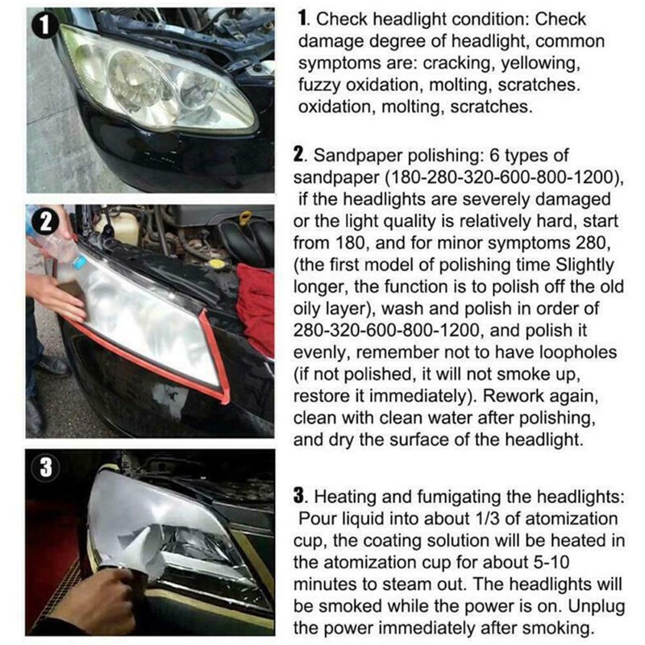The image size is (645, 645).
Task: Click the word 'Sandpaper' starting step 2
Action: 351,156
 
